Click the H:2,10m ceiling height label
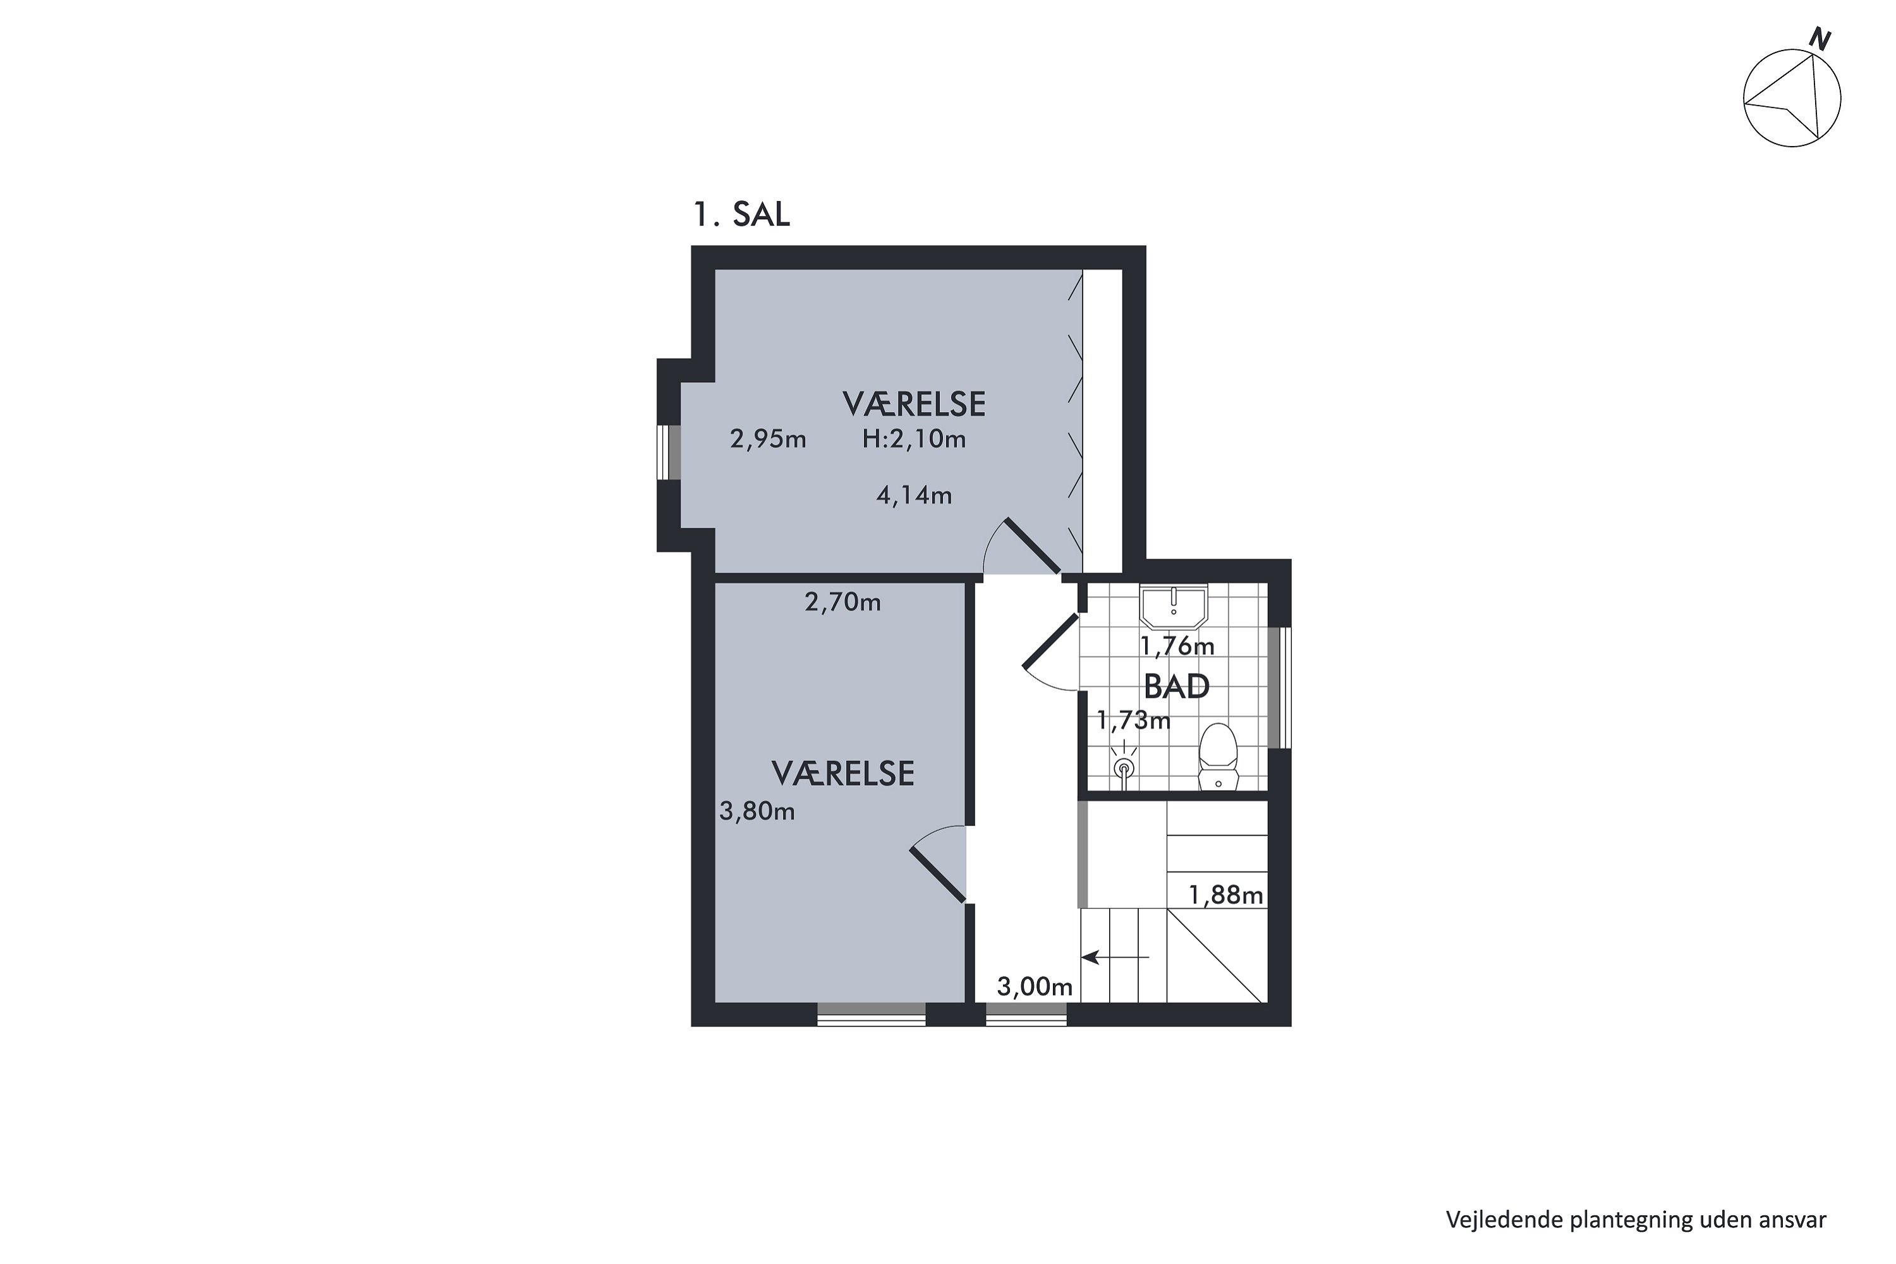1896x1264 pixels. click(914, 439)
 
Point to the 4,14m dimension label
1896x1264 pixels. click(914, 495)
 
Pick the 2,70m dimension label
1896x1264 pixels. click(843, 602)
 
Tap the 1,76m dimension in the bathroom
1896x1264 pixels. click(1177, 647)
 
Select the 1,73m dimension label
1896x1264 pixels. click(1133, 720)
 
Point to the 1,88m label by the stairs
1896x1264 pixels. click(1226, 896)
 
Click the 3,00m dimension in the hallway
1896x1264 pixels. click(1035, 987)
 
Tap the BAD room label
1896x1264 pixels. click(1177, 687)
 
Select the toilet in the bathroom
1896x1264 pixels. click(1218, 756)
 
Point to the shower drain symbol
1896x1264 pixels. click(1124, 766)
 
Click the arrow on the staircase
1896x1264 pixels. click(1115, 957)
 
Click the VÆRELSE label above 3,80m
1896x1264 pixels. click(843, 774)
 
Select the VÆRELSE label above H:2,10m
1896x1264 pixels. click(914, 404)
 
